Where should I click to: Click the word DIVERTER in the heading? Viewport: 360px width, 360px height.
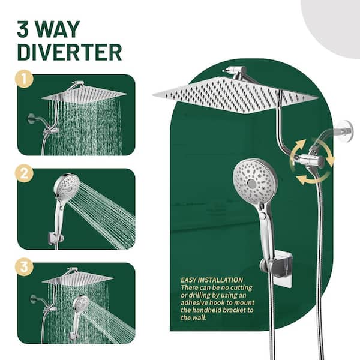coord(70,52)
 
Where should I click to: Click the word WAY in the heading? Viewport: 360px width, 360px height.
coord(57,29)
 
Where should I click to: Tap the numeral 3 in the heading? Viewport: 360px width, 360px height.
coord(23,29)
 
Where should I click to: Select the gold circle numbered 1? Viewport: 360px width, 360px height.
coord(24,79)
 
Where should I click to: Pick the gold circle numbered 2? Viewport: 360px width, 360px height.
coord(24,173)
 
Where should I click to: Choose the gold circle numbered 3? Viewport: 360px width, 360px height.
coord(24,268)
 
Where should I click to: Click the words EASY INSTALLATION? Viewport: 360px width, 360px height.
coord(212,280)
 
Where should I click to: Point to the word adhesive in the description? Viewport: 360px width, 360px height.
coord(194,302)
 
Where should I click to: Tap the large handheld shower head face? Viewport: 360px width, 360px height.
coord(255,182)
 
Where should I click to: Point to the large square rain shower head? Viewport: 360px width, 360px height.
coord(236,95)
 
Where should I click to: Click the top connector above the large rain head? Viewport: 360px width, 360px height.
coord(234,70)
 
